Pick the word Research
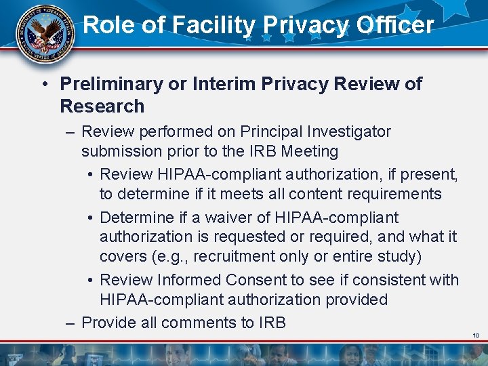point(102,106)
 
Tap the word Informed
point(188,280)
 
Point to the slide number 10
point(476,335)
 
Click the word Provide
point(108,323)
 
